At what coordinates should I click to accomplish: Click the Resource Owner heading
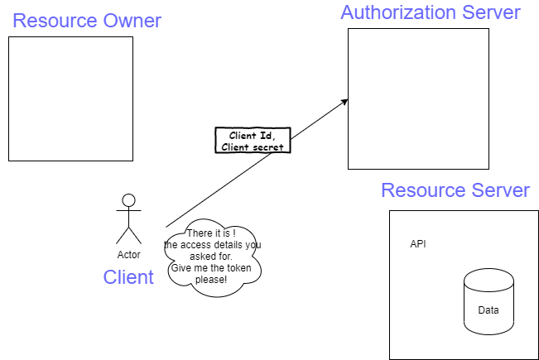click(x=87, y=21)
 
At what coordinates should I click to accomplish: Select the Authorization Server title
click(x=431, y=12)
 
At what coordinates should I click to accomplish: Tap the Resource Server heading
click(x=455, y=190)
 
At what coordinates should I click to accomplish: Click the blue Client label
click(x=128, y=276)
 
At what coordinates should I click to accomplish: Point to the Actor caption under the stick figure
click(x=128, y=255)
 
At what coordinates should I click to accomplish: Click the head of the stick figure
click(x=128, y=199)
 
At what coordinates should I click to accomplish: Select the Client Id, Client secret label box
click(x=253, y=142)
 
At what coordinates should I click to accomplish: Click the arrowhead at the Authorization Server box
click(x=344, y=102)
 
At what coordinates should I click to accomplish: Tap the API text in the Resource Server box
click(x=419, y=244)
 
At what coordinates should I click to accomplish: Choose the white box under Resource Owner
click(x=70, y=98)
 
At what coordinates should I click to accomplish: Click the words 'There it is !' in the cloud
click(x=212, y=234)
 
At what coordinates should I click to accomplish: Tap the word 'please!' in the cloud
click(x=211, y=280)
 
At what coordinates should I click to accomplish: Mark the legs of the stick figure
click(x=128, y=234)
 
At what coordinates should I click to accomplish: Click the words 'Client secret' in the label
click(x=253, y=147)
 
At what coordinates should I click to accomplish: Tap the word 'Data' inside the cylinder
click(x=488, y=310)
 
